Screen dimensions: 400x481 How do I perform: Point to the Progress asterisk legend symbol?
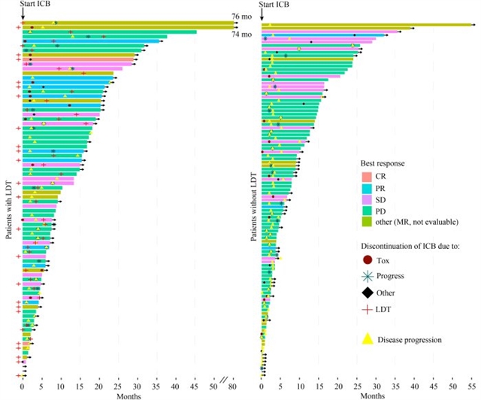[368, 276]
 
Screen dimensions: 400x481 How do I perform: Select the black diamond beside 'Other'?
[368, 292]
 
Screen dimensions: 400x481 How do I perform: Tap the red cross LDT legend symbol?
[368, 309]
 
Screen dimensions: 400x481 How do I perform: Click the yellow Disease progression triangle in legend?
[368, 339]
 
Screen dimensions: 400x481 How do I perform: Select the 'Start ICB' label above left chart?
[36, 5]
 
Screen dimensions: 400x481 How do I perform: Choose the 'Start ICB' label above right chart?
[275, 5]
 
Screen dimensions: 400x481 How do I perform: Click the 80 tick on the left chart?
[231, 386]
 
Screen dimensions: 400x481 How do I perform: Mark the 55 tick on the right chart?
[471, 386]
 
